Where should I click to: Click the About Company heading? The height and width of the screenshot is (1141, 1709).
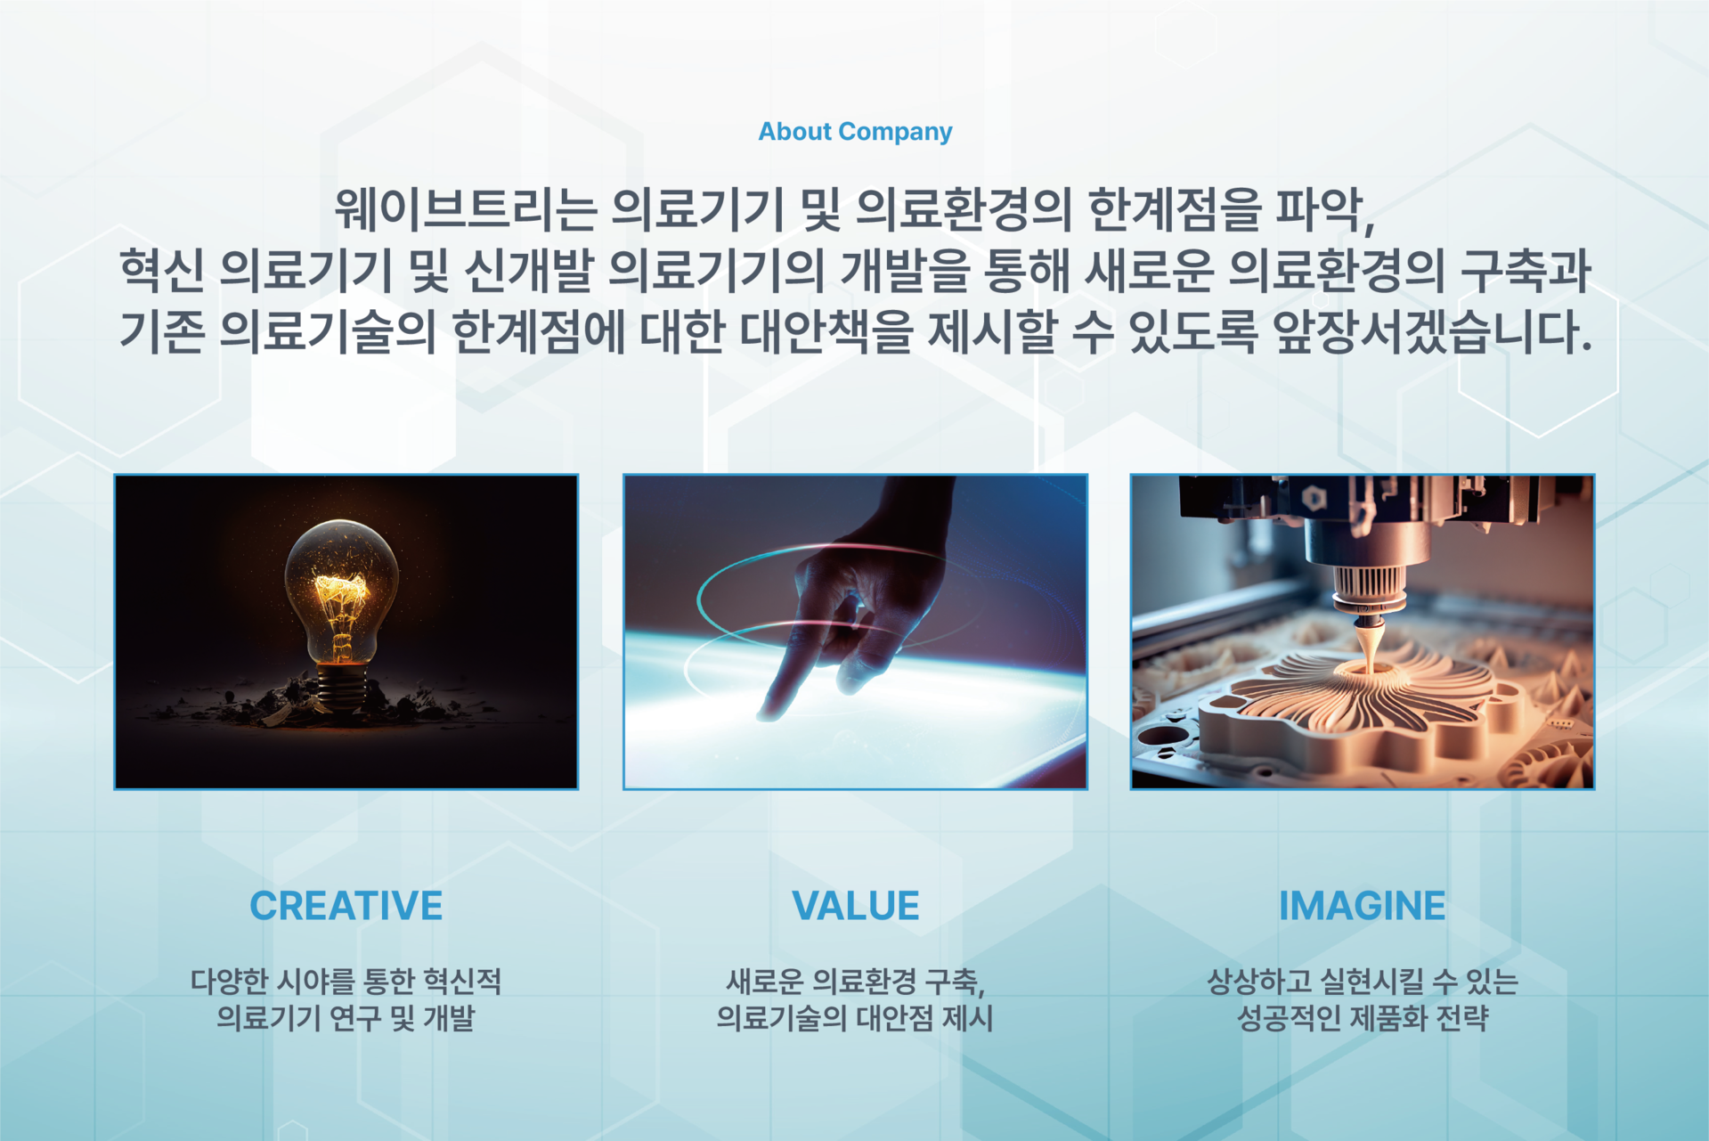[855, 132]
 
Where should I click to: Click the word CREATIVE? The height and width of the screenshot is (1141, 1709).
[346, 906]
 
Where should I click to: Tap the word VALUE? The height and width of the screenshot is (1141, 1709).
[855, 906]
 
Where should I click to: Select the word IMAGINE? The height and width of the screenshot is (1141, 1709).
[1362, 906]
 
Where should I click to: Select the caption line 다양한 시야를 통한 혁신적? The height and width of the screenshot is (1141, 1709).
[346, 982]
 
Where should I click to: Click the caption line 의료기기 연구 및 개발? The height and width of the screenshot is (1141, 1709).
[346, 1017]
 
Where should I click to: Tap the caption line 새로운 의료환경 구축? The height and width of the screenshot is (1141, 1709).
[855, 982]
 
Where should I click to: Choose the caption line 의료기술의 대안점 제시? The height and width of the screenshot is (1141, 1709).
[855, 1017]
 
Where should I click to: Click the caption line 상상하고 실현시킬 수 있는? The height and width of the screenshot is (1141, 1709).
[1362, 982]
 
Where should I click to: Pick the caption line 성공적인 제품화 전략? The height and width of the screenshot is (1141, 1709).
[1362, 1017]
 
